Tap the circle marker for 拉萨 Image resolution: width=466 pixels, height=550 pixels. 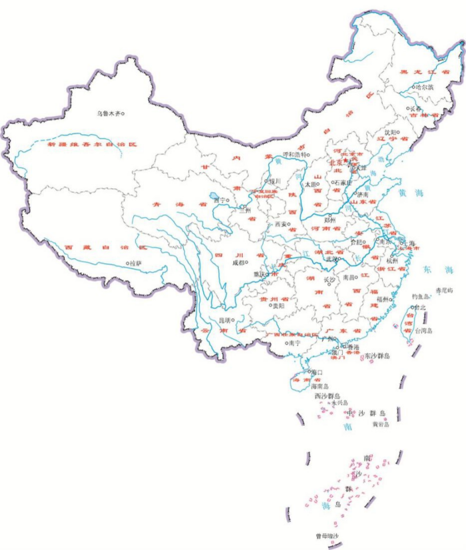pos(127,263)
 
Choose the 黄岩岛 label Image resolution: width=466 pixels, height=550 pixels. pos(381,424)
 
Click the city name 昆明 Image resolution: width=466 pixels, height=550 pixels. pos(227,320)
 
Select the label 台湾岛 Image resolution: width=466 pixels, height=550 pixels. pos(425,330)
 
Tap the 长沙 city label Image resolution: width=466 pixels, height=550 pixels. pos(329,280)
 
